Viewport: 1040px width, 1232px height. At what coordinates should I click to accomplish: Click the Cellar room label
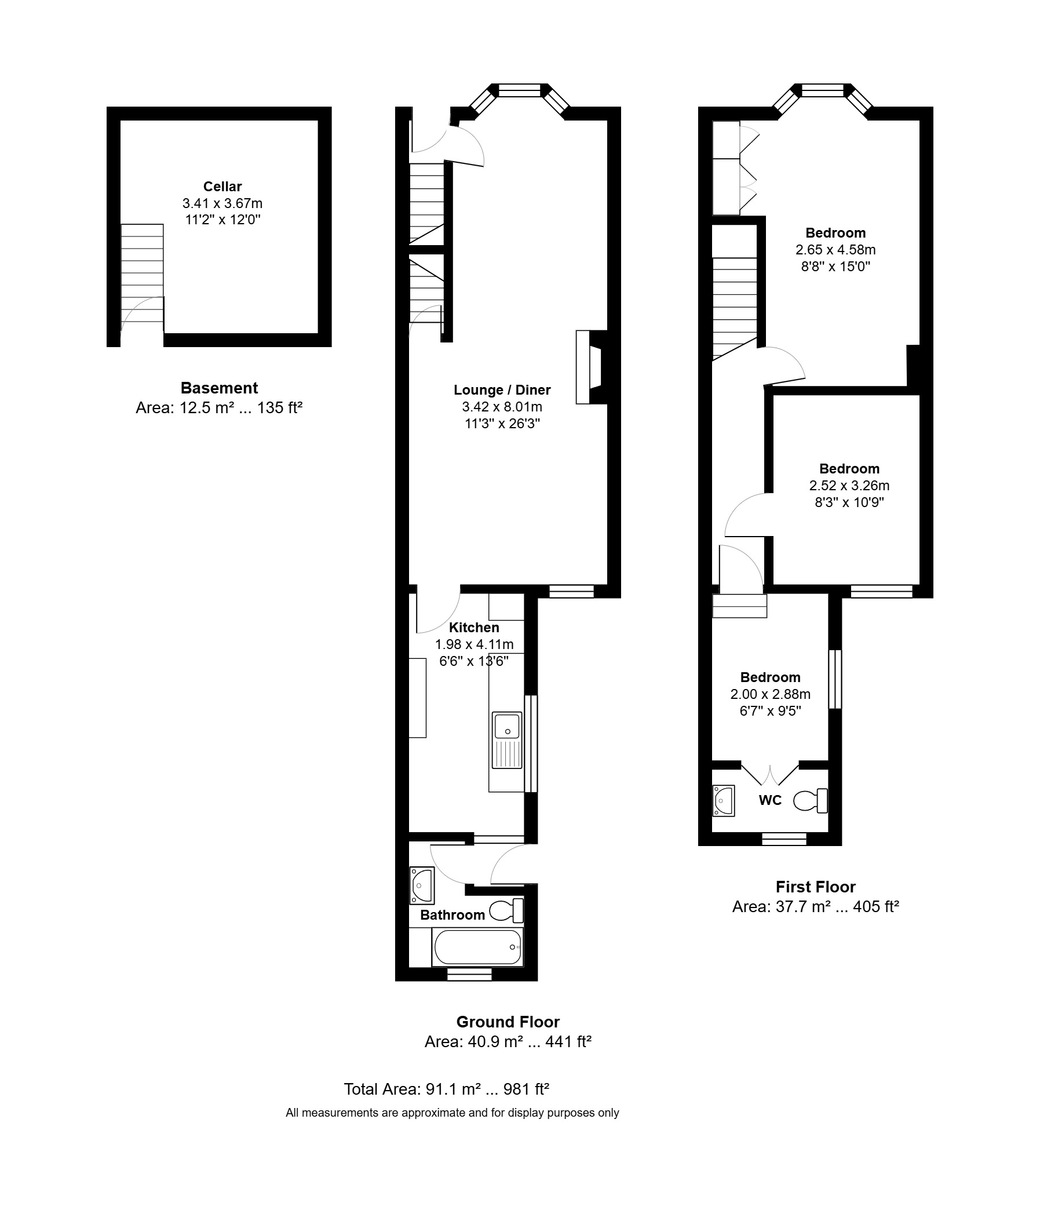pyautogui.click(x=222, y=187)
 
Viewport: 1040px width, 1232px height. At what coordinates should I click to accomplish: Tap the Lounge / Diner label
pyautogui.click(x=502, y=390)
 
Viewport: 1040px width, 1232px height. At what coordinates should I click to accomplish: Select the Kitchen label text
pyautogui.click(x=474, y=628)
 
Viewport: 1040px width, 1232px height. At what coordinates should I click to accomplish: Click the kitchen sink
pyautogui.click(x=507, y=740)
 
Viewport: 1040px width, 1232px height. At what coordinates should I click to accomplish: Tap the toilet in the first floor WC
pyautogui.click(x=811, y=801)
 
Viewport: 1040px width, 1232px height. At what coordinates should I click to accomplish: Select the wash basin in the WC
pyautogui.click(x=724, y=801)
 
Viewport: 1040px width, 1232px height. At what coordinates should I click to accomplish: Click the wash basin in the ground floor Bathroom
pyautogui.click(x=422, y=885)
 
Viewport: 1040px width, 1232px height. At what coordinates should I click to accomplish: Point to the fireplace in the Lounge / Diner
pyautogui.click(x=592, y=367)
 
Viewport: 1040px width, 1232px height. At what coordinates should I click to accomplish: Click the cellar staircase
pyautogui.click(x=142, y=273)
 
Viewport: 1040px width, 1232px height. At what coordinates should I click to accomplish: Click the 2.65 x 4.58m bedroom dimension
pyautogui.click(x=835, y=249)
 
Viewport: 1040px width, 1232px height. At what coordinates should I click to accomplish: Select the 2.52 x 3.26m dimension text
pyautogui.click(x=849, y=486)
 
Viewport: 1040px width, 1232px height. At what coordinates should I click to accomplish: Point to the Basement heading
pyautogui.click(x=220, y=388)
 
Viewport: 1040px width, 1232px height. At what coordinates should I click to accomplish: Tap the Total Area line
pyautogui.click(x=446, y=1089)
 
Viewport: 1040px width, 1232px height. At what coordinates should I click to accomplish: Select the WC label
pyautogui.click(x=770, y=800)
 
